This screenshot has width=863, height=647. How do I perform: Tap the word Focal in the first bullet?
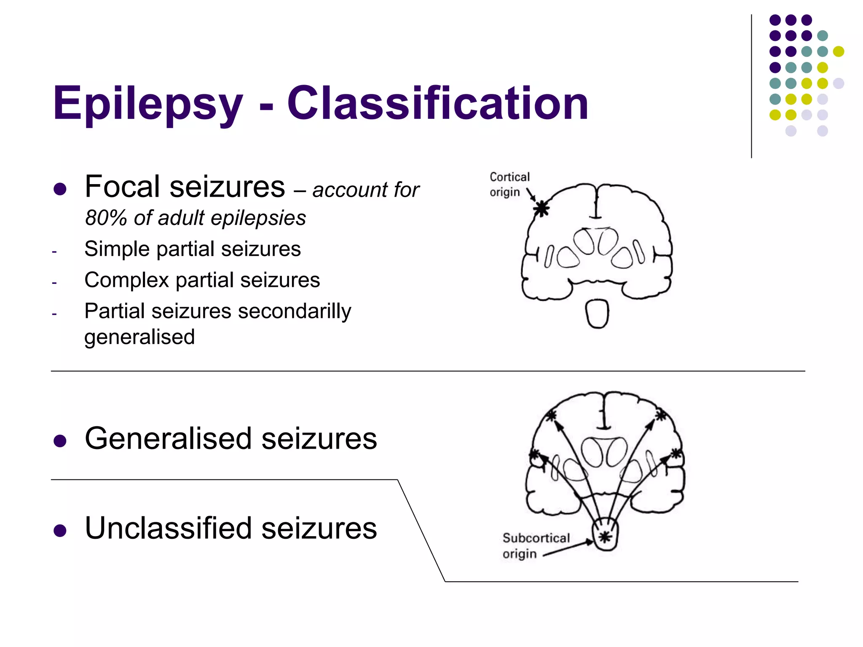[x=123, y=187]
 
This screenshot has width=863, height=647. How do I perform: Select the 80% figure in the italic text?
[x=106, y=218]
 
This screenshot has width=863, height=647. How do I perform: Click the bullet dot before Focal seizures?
[x=60, y=189]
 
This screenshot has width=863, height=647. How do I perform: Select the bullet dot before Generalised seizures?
[x=60, y=441]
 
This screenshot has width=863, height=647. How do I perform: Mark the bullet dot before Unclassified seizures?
[x=60, y=531]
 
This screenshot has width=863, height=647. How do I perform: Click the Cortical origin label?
[x=509, y=184]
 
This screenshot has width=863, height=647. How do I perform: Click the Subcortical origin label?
[x=535, y=545]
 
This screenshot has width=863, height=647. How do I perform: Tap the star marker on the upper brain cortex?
[x=541, y=208]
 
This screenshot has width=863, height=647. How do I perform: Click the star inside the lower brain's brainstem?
[x=605, y=537]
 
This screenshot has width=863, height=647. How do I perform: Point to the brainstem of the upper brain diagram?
[x=597, y=314]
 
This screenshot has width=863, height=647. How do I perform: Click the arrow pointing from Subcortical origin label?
[x=569, y=548]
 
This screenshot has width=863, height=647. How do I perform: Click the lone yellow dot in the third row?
[x=838, y=51]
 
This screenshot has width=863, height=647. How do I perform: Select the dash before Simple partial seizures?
[x=54, y=251]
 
